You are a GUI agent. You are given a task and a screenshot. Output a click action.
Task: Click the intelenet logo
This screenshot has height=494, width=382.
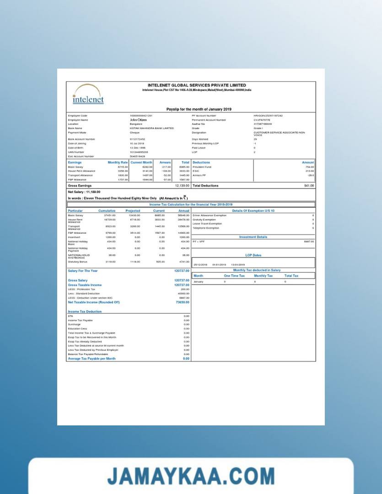tap(88, 95)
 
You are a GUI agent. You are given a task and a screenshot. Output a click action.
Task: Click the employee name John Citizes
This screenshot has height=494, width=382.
tap(138, 120)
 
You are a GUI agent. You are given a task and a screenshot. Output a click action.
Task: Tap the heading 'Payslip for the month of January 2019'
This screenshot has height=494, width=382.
tap(199, 109)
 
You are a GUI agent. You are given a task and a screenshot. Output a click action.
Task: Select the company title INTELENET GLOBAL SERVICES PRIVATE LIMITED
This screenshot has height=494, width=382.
tap(197, 85)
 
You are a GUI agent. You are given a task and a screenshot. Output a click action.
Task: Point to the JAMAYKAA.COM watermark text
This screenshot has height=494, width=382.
tap(191, 476)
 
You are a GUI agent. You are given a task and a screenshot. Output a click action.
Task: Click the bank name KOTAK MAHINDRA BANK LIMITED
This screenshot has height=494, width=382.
tap(152, 128)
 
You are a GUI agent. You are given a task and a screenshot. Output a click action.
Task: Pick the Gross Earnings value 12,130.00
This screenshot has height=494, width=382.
tap(182, 186)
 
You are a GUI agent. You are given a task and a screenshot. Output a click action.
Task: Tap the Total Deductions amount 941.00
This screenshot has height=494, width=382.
tap(309, 186)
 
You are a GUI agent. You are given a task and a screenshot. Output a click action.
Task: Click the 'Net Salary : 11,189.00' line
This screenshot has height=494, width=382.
tap(84, 192)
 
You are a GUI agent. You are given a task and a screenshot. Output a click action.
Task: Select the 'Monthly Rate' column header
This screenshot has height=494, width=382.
tap(118, 162)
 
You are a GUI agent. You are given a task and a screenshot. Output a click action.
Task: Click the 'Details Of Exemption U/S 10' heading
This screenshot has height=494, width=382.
tap(253, 210)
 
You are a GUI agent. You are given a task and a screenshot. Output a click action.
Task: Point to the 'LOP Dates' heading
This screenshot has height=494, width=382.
tap(253, 255)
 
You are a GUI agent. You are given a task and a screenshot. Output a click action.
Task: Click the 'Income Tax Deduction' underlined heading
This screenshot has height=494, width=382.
tap(85, 311)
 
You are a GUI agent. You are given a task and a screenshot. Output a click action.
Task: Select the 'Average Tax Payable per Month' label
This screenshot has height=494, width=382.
tap(91, 359)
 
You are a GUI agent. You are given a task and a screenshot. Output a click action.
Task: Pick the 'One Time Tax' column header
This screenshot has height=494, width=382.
tap(234, 276)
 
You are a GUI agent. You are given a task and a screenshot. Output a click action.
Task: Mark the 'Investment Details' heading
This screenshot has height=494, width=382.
tap(253, 237)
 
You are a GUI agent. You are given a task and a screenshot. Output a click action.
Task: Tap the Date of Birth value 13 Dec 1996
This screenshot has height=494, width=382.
tap(137, 148)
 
